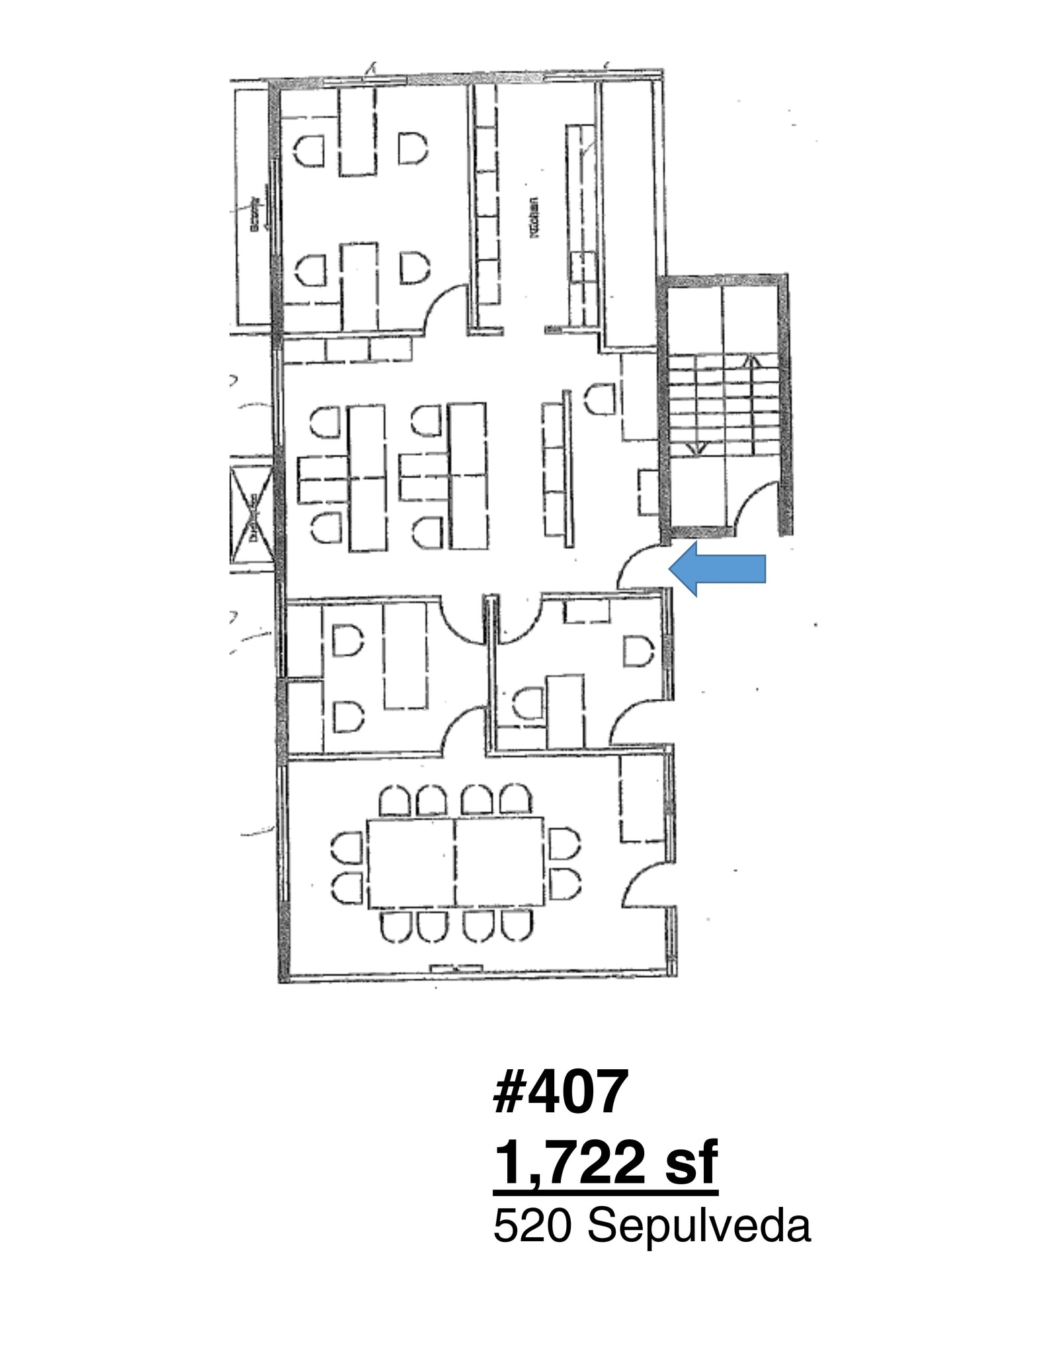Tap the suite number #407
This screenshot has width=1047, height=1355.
pos(559,1092)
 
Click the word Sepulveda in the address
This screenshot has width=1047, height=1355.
pos(698,1225)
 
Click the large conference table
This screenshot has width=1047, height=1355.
pos(455,862)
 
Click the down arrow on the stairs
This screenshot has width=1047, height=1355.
pos(696,448)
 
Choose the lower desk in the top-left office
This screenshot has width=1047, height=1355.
pos(359,286)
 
